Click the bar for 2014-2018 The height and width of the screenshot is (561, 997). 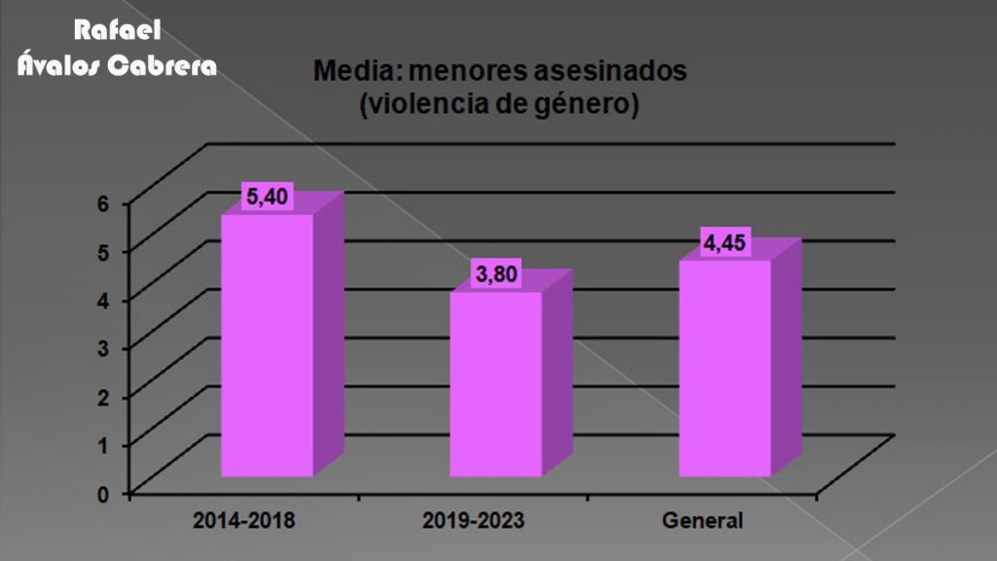[x=267, y=345]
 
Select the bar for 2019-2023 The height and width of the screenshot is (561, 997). [x=496, y=384]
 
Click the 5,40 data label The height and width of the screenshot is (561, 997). [x=266, y=197]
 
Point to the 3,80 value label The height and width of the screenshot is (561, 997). [x=495, y=276]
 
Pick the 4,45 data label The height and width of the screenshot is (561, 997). [x=724, y=243]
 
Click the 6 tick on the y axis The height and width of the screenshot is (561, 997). [x=101, y=202]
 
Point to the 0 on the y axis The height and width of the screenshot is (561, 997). [x=101, y=493]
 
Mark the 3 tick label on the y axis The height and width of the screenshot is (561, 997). [x=101, y=348]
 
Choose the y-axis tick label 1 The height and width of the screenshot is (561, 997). [x=101, y=444]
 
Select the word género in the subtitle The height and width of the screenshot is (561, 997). [x=583, y=103]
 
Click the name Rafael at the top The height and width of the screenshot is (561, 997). [x=117, y=32]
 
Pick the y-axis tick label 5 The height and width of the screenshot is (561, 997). [x=101, y=250]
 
